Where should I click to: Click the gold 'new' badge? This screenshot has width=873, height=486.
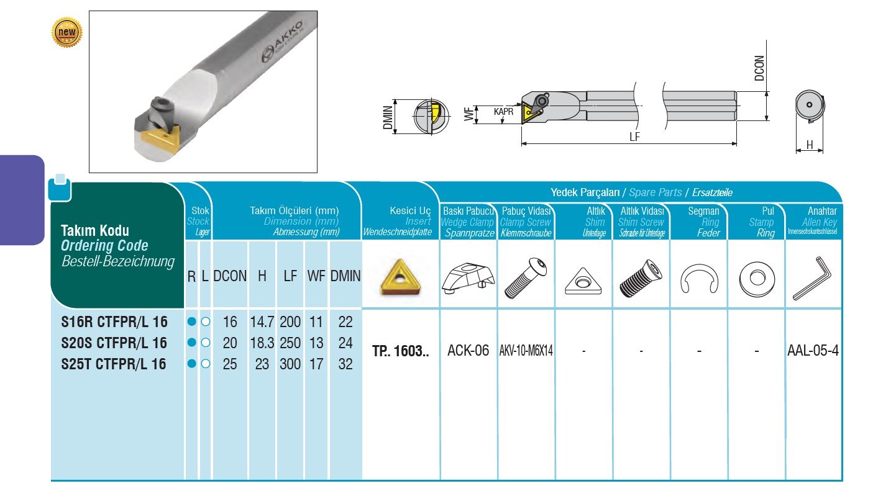coord(66,32)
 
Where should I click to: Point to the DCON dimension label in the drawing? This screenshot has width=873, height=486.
coord(759,69)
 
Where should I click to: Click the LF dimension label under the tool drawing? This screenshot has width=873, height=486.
coord(634,137)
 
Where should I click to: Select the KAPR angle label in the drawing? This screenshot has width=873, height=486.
coord(503,112)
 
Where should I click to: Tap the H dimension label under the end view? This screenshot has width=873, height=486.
coord(809,145)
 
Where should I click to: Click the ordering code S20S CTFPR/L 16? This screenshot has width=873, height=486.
coord(114,343)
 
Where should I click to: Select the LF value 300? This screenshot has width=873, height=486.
coord(290,364)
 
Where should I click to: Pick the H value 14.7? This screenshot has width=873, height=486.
coord(262,322)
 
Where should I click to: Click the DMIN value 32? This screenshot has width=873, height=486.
coord(345,364)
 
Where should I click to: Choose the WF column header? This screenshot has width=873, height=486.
coord(316,276)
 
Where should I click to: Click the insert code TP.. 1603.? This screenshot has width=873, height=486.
coord(401,351)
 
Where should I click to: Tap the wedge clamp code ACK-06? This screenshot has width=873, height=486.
coord(468,351)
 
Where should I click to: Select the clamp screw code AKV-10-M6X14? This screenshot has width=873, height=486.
coord(526,351)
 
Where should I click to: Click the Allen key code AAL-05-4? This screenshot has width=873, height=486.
coord(813,351)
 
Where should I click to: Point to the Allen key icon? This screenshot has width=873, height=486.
coord(812,279)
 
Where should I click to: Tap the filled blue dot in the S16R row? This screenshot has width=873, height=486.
coord(191,322)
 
